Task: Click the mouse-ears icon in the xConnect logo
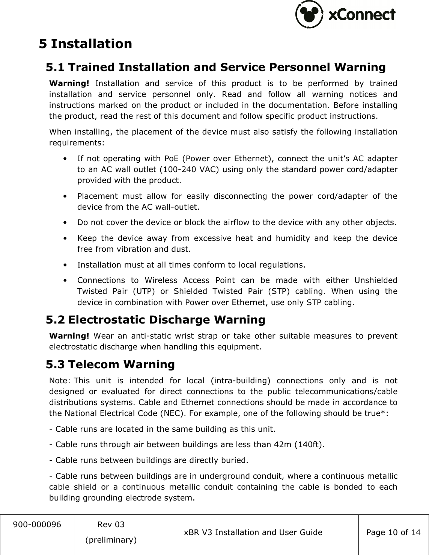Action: click(309, 15)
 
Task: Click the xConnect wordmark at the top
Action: click(362, 15)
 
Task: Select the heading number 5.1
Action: click(55, 67)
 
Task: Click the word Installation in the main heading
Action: click(92, 44)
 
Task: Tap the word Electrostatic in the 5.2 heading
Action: click(107, 320)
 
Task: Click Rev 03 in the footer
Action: click(111, 524)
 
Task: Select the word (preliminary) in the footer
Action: click(111, 540)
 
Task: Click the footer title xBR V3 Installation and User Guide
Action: click(253, 532)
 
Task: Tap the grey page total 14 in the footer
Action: click(416, 532)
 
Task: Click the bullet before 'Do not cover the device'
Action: click(66, 222)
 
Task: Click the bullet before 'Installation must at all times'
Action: click(66, 265)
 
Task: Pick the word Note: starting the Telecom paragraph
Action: click(60, 381)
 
